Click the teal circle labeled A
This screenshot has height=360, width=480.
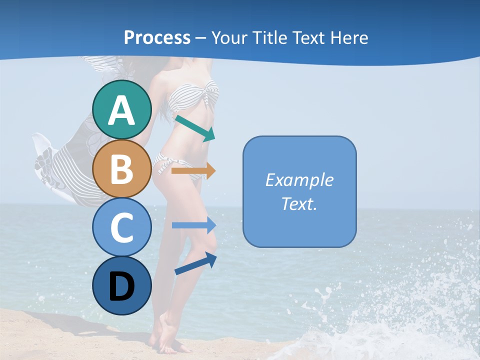[x=122, y=109]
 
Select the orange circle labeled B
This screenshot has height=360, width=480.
[x=122, y=168]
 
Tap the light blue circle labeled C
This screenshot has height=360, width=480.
[x=122, y=227]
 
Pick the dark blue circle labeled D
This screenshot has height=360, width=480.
[x=122, y=285]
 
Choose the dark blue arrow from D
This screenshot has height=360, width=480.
[x=195, y=263]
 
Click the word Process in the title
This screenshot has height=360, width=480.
[x=157, y=37]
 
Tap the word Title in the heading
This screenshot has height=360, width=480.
[x=269, y=37]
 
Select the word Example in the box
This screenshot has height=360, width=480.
[x=299, y=180]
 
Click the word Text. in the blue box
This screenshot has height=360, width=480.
[x=299, y=203]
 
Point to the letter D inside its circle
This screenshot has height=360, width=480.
[x=122, y=287]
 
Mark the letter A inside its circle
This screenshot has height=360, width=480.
[x=122, y=110]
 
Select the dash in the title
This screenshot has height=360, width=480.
[x=201, y=38]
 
